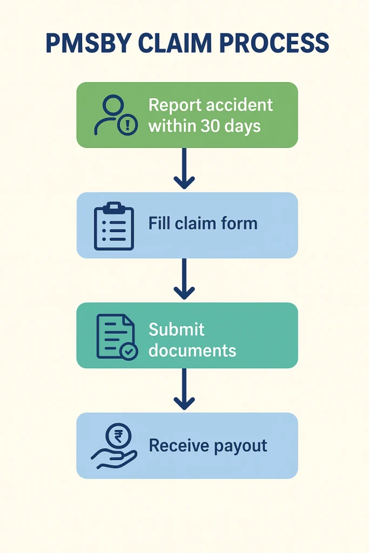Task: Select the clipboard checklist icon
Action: pyautogui.click(x=113, y=226)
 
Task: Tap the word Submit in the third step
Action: pyautogui.click(x=176, y=329)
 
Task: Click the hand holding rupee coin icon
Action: pyautogui.click(x=114, y=446)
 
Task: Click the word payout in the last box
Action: pyautogui.click(x=240, y=447)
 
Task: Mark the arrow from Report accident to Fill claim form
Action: pyautogui.click(x=184, y=169)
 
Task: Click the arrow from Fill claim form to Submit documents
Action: pyautogui.click(x=184, y=279)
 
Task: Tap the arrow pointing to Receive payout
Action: pyautogui.click(x=184, y=389)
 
